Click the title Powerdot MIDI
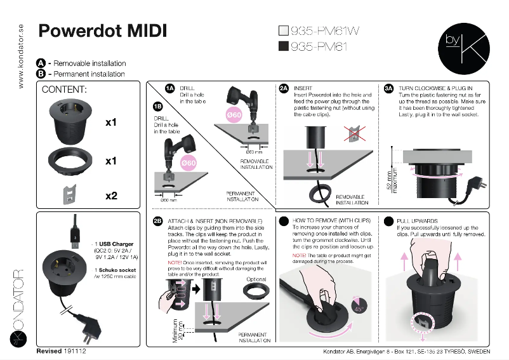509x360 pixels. tap(103, 30)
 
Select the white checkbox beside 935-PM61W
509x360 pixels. tap(284, 30)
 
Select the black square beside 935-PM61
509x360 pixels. tap(284, 46)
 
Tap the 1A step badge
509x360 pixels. tap(169, 88)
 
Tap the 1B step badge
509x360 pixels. tap(158, 107)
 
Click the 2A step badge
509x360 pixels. tap(284, 88)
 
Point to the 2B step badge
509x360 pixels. tap(158, 221)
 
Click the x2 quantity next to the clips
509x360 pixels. tap(111, 196)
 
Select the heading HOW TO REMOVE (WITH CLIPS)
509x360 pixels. tap(331, 221)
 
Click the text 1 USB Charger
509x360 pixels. tap(115, 244)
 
